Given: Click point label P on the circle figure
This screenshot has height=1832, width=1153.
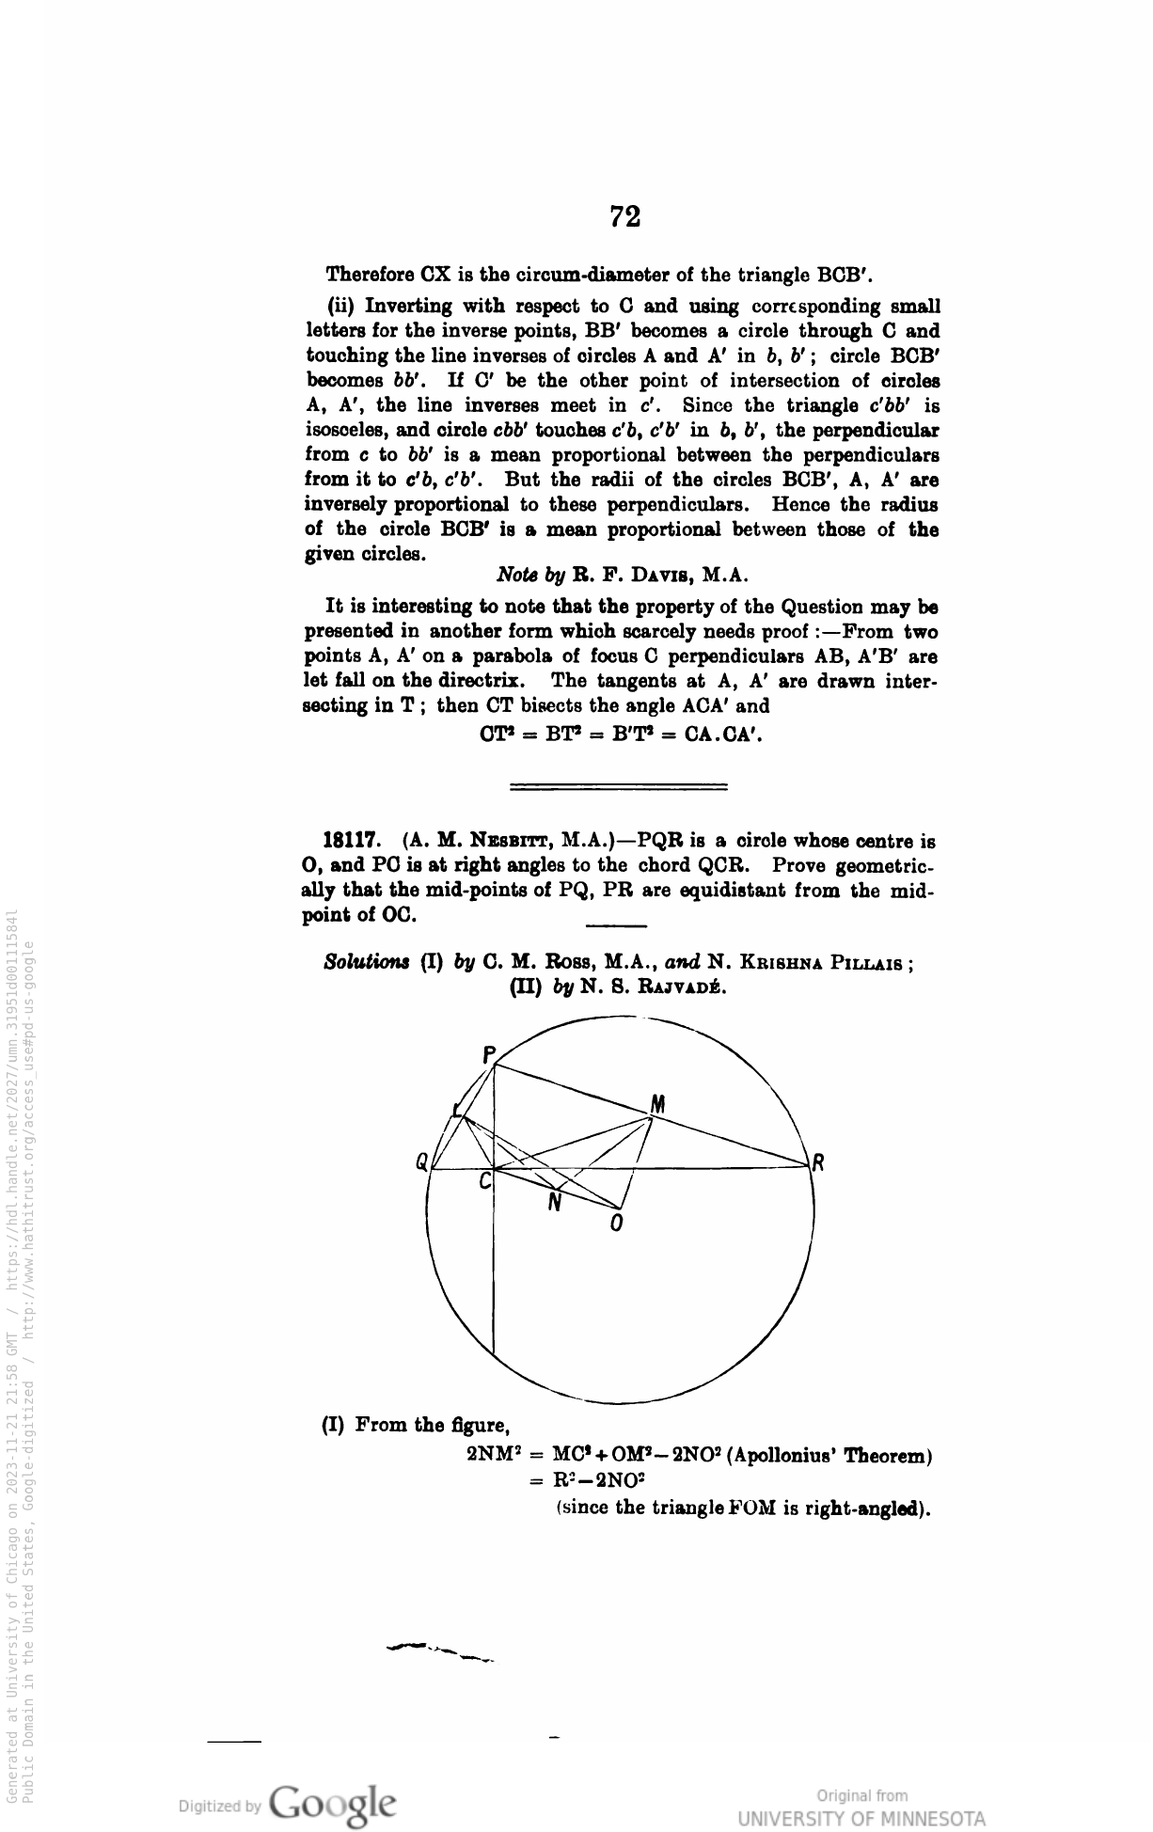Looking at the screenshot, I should point(488,1055).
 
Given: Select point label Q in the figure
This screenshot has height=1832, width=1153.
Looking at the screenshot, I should point(422,1162).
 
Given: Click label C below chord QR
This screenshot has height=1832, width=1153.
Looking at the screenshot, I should point(485,1181).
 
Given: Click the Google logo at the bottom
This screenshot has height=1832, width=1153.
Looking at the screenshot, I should point(332,1803).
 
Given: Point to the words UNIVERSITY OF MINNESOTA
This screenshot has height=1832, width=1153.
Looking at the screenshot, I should point(862,1817).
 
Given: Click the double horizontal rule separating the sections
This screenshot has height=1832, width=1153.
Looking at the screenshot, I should point(618,785).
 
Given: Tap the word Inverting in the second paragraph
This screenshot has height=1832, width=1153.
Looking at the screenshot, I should point(408,307).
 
